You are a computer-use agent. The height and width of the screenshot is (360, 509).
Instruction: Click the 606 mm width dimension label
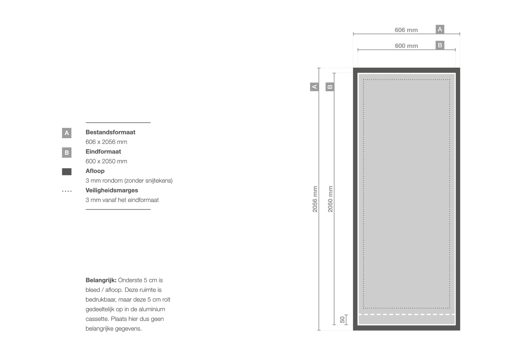click(406, 30)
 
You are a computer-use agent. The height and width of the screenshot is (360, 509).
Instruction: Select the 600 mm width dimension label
click(406, 46)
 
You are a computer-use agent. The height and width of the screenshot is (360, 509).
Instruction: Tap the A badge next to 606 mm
click(440, 29)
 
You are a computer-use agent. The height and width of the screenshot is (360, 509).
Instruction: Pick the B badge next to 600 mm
click(440, 45)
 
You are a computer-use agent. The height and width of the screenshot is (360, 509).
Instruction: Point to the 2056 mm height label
click(315, 199)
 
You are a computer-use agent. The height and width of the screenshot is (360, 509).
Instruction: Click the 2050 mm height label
click(330, 199)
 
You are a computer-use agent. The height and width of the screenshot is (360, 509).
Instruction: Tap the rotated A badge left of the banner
click(314, 87)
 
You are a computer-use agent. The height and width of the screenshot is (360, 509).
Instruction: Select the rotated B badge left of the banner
click(330, 87)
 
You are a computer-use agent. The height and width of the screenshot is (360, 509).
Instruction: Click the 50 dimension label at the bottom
click(342, 320)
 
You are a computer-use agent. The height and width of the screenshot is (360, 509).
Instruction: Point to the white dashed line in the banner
click(406, 314)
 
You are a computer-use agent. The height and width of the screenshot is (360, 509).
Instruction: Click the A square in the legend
click(66, 133)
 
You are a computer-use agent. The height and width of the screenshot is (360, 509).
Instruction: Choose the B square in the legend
click(66, 152)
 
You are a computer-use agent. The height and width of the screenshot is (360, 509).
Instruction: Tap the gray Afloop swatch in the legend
click(66, 172)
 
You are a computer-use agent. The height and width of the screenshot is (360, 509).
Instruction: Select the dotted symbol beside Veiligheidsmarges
click(67, 191)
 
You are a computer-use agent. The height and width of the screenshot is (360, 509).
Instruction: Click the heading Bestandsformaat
click(111, 132)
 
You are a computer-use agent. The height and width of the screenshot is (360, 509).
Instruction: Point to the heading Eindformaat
click(103, 152)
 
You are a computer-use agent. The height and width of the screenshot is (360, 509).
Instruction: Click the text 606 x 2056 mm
click(107, 142)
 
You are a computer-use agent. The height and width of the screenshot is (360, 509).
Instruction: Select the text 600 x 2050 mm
click(107, 161)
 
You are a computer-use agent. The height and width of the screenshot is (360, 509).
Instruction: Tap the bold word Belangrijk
click(101, 280)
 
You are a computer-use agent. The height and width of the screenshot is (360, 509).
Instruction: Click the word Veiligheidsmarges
click(112, 190)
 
